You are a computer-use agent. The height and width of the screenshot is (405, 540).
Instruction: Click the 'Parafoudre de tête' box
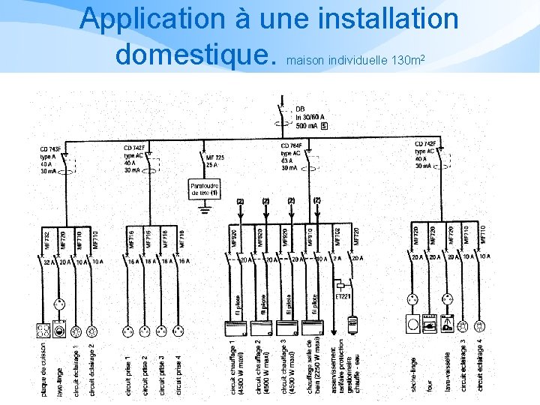pos(204,189)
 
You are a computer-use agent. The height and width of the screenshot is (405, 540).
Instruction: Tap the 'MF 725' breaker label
pos(214,160)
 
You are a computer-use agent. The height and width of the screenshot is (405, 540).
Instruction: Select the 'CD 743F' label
pos(50,149)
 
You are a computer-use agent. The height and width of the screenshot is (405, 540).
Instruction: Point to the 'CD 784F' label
pos(291,145)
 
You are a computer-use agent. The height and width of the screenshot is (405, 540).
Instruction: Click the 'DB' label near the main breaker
pos(299,109)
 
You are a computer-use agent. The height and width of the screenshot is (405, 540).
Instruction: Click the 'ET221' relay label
pos(343,295)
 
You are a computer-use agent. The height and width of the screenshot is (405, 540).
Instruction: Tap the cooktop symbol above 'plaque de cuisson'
pos(43,330)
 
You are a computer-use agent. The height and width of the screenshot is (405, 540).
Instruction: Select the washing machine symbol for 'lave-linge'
pos(60,330)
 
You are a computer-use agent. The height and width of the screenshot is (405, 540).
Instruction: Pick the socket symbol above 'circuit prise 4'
pos(180,330)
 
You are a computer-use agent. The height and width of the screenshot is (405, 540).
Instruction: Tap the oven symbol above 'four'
pos(430,325)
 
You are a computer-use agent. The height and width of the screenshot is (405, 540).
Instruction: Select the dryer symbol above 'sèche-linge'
pos(412,325)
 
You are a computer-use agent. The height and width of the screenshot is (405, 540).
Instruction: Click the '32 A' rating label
pos(48,261)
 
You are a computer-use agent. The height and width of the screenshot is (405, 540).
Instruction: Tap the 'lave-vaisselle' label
pos(448,370)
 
